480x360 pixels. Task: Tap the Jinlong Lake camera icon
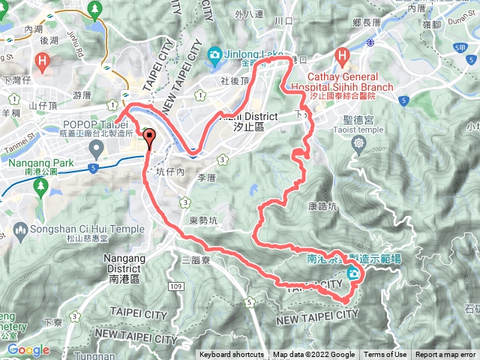[215, 54]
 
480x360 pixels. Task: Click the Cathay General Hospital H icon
[343, 55]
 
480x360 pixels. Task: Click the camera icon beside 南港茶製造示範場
[352, 274]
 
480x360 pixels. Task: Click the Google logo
[28, 349]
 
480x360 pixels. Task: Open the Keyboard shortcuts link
[231, 355]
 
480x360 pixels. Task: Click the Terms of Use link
[385, 355]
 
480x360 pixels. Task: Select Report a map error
[445, 355]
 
